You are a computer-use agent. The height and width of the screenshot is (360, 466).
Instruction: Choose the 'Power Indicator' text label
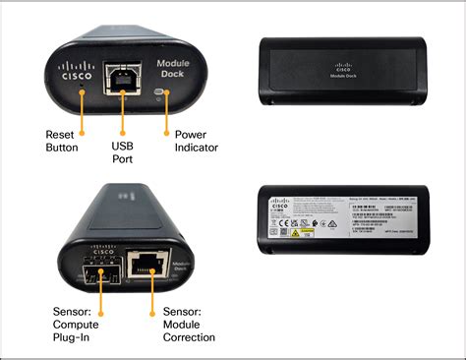pyautogui.click(x=195, y=141)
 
